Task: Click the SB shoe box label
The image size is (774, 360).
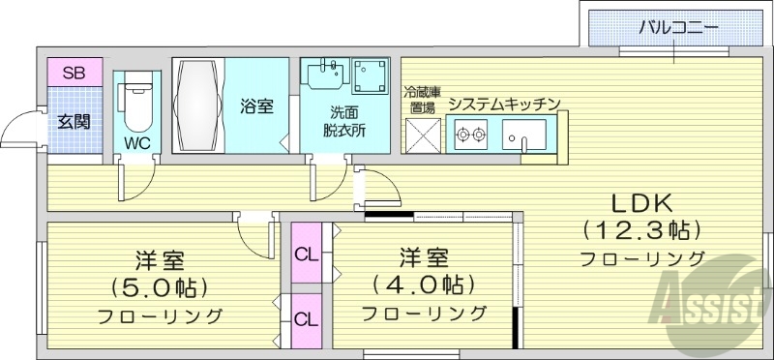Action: tap(73, 73)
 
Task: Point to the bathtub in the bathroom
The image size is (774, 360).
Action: tap(198, 105)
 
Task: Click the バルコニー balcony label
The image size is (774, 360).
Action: tap(678, 26)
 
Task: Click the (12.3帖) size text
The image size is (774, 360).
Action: tap(640, 231)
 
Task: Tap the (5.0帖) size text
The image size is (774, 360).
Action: tap(160, 287)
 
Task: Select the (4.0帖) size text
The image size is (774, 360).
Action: tap(424, 285)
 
